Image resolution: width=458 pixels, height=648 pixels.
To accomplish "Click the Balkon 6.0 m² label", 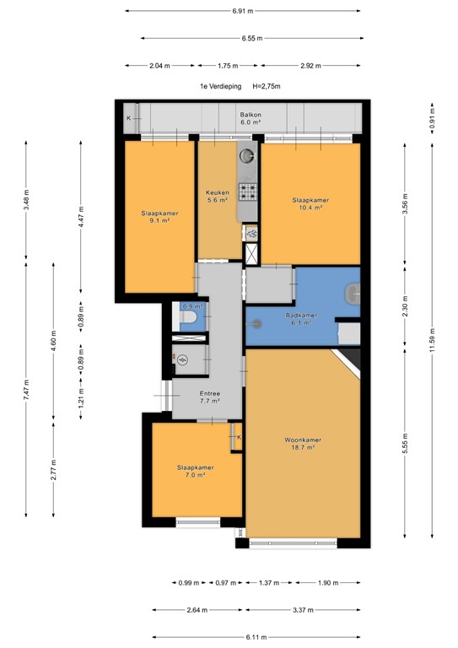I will pyautogui.click(x=251, y=118).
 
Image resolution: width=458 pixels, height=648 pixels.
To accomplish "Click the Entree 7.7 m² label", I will pyautogui.click(x=209, y=397).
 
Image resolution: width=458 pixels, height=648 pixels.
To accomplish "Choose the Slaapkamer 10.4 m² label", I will pyautogui.click(x=310, y=204).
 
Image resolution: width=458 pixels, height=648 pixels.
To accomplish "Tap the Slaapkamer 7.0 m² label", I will pyautogui.click(x=194, y=471).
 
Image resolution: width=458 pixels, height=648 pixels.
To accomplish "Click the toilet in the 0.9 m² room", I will pyautogui.click(x=189, y=318).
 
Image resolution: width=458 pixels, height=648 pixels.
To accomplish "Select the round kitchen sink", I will pyautogui.click(x=249, y=155).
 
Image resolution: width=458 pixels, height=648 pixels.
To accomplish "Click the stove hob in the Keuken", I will pyautogui.click(x=249, y=192).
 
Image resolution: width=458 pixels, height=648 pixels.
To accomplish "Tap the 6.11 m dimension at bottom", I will pyautogui.click(x=256, y=637).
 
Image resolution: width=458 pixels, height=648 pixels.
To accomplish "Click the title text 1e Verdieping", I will pyautogui.click(x=220, y=86).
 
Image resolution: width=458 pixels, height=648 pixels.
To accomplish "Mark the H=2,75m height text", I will pyautogui.click(x=267, y=86).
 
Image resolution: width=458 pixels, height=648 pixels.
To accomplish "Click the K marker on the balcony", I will pyautogui.click(x=129, y=118).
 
